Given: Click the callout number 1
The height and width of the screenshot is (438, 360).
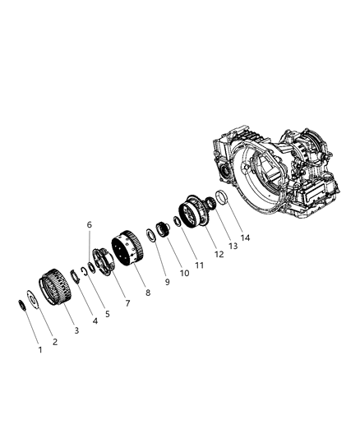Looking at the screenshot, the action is pos(40,349).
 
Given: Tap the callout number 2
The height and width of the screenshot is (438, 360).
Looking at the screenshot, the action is pos(55,342).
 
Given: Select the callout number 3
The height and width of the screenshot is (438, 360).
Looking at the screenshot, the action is pos(76,330).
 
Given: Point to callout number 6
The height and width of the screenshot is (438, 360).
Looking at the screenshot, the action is pos(90,224).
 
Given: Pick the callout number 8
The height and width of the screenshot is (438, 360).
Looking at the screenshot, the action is pos(148,293).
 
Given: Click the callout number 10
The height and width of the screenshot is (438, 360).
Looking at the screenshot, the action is pos(185,273).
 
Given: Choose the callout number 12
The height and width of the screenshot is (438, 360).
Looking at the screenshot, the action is pos(219,254).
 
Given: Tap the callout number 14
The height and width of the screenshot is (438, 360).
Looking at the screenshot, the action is pos(245,237).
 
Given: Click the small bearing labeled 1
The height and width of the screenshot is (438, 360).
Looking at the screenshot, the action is pos(22,305).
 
